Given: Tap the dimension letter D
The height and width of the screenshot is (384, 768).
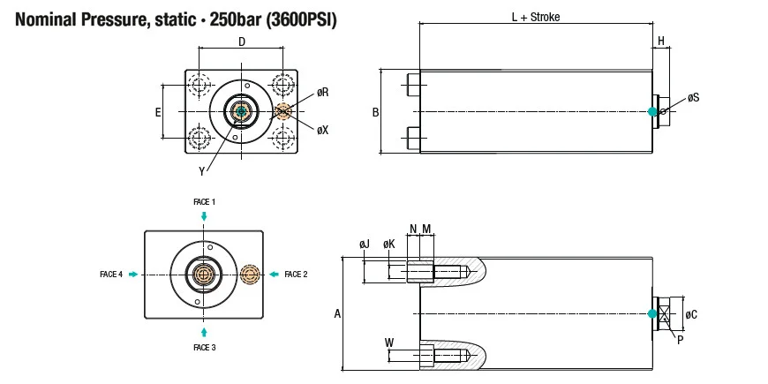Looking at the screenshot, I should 242,41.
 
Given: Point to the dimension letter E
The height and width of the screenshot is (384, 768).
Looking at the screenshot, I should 158,112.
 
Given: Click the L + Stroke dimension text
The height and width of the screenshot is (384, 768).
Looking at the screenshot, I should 536,17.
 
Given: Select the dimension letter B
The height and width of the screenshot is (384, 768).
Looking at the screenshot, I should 375,112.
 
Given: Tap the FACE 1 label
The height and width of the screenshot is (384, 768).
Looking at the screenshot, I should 204,202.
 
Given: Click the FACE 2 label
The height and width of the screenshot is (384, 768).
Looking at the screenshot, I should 296,275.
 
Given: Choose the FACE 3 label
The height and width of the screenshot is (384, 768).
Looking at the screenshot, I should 204,348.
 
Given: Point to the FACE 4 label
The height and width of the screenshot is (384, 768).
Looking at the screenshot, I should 111,275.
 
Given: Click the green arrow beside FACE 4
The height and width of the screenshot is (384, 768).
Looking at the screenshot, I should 133,275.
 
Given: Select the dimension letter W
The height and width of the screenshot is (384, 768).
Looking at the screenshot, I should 389,341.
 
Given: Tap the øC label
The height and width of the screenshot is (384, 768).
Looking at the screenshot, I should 691,314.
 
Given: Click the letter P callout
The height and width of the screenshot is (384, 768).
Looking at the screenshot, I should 681,338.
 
